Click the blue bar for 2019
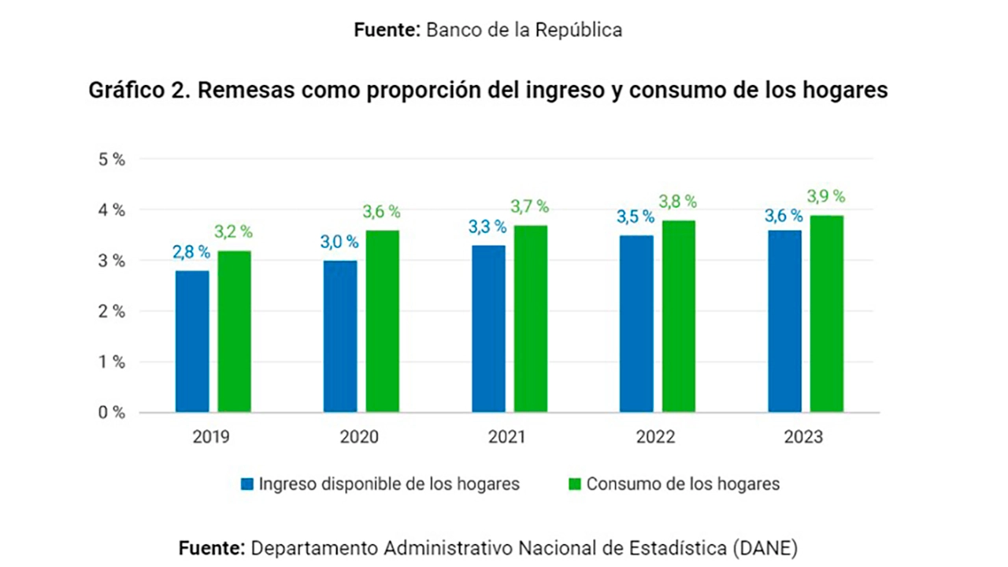192,341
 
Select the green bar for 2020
383,321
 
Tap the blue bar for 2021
488,328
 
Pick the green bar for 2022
679,316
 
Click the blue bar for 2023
784,321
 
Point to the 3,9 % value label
825,196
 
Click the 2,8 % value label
191,252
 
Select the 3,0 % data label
339,242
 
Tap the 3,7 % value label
530,206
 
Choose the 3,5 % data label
636,217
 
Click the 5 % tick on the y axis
111,159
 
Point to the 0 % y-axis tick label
111,413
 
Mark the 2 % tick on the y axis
111,311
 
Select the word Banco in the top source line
452,30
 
